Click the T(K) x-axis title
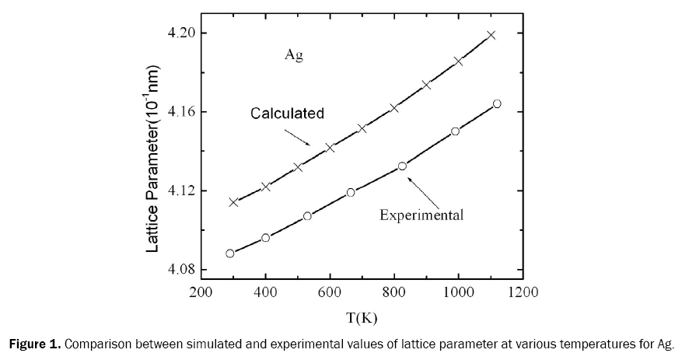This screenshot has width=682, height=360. pyautogui.click(x=362, y=316)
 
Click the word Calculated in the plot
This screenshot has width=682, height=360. pyautogui.click(x=287, y=114)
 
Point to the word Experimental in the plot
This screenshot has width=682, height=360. pyautogui.click(x=421, y=215)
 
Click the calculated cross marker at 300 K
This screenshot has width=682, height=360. pyautogui.click(x=233, y=202)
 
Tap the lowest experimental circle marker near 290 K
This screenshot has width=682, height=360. pyautogui.click(x=230, y=253)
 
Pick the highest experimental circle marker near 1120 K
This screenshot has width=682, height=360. pyautogui.click(x=497, y=103)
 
